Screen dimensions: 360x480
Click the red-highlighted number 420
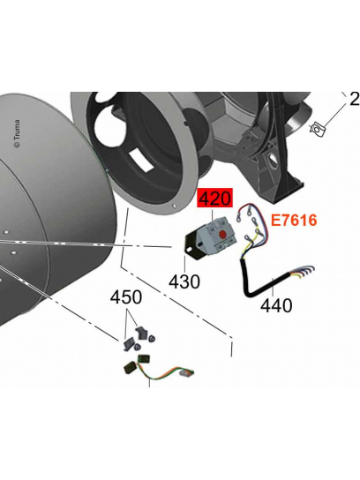point(215,199)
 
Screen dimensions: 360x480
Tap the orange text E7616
point(294,220)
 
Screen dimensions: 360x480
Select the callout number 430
point(184,281)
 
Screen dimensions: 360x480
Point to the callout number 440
point(276,305)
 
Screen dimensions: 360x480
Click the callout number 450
point(126,297)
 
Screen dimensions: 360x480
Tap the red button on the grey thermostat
point(222,235)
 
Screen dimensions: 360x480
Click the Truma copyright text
point(17,133)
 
